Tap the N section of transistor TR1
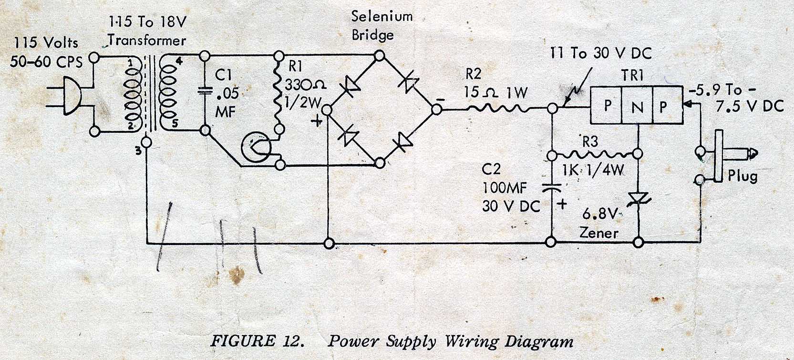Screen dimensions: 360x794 tap(637, 106)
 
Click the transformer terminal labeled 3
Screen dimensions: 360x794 tap(146, 142)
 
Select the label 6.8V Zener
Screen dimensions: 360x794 tap(599, 224)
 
